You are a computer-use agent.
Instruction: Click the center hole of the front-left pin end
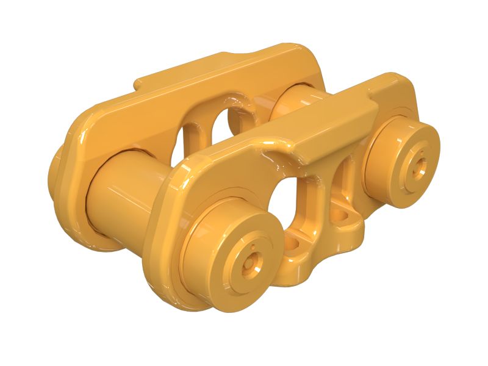(x=251, y=264)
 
